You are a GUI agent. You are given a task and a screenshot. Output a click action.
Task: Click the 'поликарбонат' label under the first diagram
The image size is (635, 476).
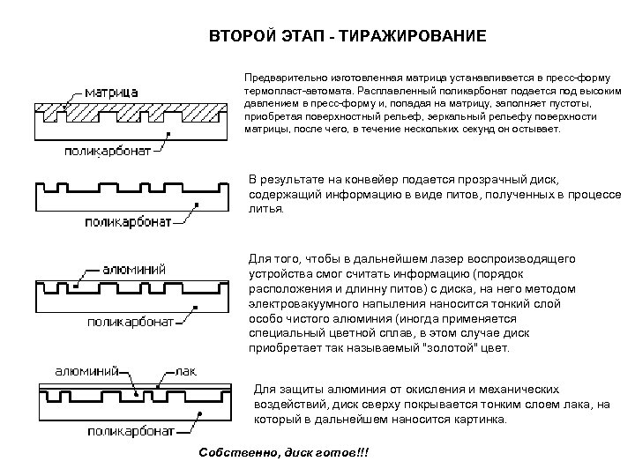tap(105, 150)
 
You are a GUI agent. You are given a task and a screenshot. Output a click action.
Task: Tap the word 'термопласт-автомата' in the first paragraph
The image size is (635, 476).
tap(294, 91)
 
